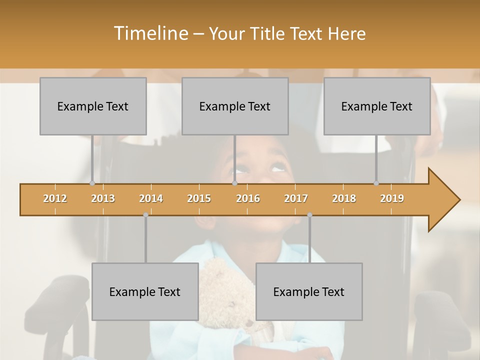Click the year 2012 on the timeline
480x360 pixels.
point(55,198)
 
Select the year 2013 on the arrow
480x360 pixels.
point(103,198)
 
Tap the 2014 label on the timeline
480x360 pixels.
point(151,198)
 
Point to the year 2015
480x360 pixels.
point(199,198)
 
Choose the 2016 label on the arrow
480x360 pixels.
point(248,198)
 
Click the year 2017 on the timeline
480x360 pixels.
point(296,198)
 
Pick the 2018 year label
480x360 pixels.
point(344,198)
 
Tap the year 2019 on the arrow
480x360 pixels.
point(392,198)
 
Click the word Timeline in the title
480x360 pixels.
point(150,33)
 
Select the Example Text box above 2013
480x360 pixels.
point(93,106)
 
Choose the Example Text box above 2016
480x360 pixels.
point(235,106)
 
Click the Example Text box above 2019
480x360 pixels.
point(377,106)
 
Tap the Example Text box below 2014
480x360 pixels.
point(145,291)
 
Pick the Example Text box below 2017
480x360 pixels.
point(309,291)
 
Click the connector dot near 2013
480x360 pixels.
point(92,183)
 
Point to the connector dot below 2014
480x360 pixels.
point(145,215)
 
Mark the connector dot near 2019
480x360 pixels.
point(376,183)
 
